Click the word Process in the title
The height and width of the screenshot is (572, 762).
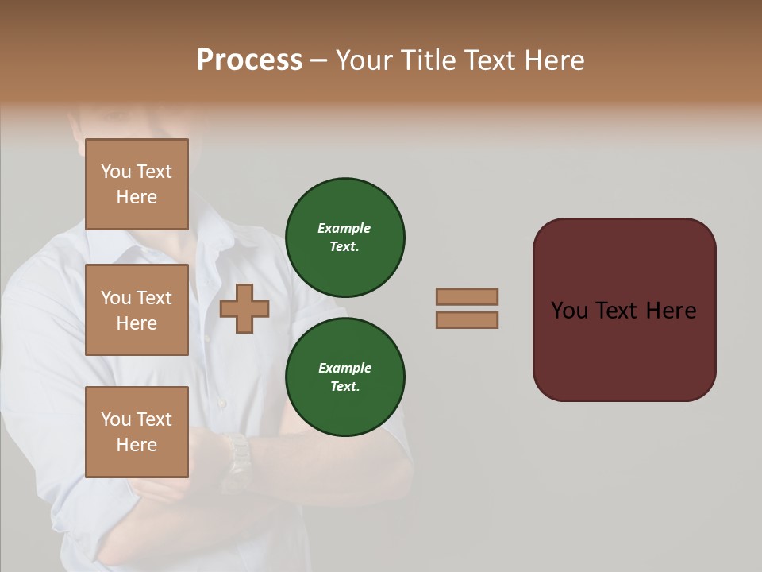tap(249, 60)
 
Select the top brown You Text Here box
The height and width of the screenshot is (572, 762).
tap(137, 184)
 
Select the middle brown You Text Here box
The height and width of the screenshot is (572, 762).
tap(137, 310)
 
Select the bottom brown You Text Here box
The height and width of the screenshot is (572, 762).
tap(137, 432)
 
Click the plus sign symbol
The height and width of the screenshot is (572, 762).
tap(244, 309)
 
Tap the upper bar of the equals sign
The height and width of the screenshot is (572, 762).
tap(467, 296)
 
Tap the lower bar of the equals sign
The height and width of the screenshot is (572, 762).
tap(467, 319)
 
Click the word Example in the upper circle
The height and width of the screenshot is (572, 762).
tap(344, 228)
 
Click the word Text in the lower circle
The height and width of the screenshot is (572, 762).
tap(344, 386)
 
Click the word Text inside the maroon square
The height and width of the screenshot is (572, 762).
tap(616, 311)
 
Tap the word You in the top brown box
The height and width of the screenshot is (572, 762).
tap(115, 172)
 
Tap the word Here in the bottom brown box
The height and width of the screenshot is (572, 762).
tap(137, 445)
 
